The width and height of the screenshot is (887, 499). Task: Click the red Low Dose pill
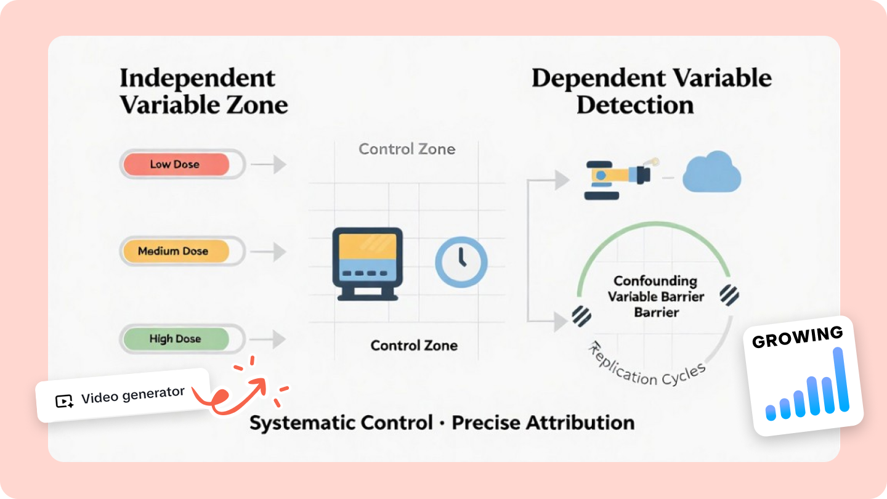[x=176, y=164]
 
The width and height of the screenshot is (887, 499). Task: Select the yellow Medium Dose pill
[x=176, y=251]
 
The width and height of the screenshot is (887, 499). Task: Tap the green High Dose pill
[x=176, y=339]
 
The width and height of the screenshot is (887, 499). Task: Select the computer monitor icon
[x=367, y=263]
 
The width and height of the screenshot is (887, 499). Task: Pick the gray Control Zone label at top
[x=407, y=149]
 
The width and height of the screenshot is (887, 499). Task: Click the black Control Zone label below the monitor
[x=414, y=346]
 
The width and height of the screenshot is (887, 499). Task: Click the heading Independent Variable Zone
[x=204, y=91]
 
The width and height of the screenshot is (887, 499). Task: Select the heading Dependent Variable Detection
[x=652, y=91]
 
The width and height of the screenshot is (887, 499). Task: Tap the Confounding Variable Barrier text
[x=656, y=296]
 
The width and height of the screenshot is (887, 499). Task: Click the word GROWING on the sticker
[x=797, y=337]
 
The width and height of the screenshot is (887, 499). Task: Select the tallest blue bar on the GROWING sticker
[x=839, y=379]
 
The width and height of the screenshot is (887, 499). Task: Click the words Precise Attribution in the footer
[x=543, y=423]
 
